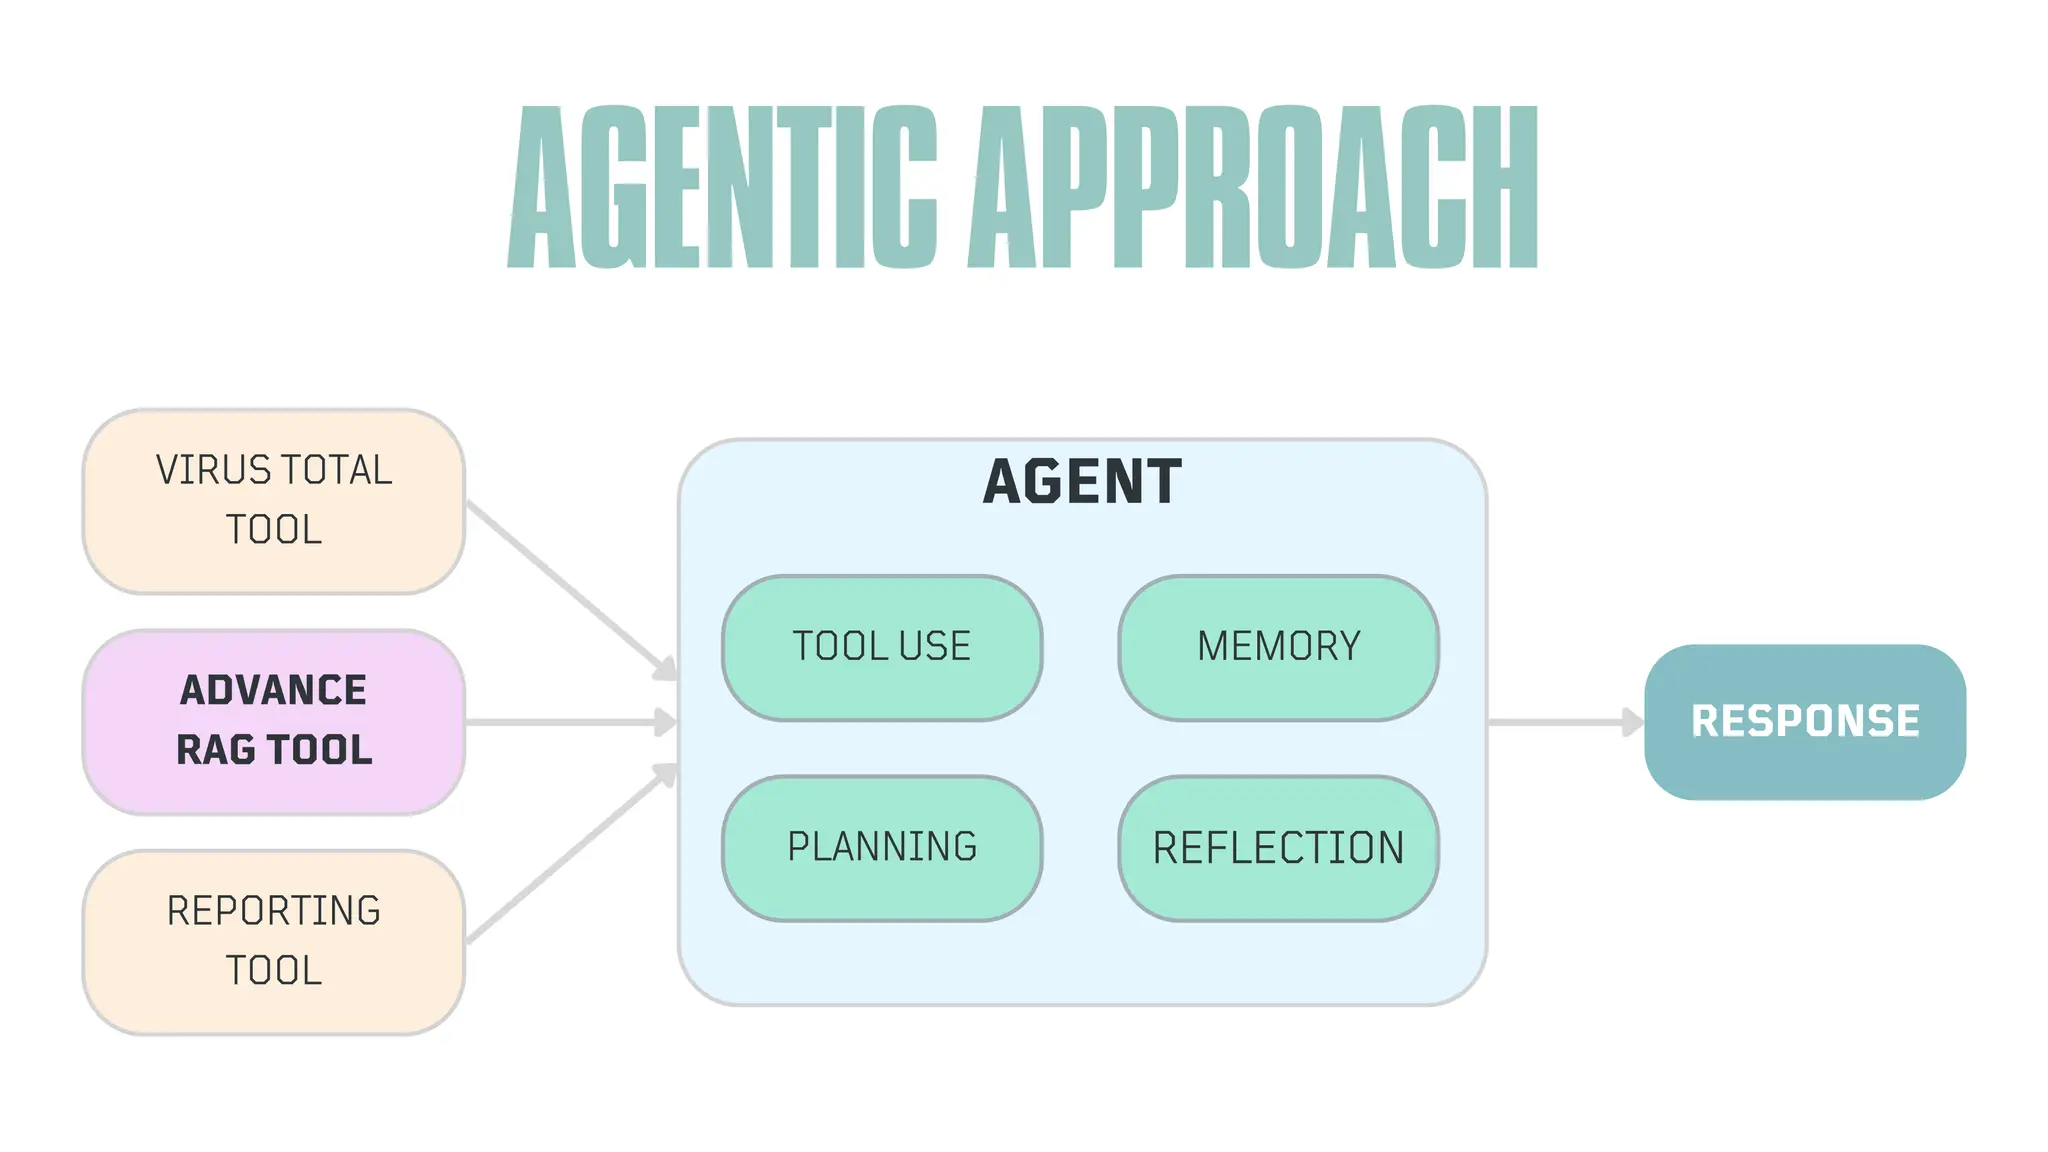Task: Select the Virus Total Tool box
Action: [x=273, y=500]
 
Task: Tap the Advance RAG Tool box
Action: [x=273, y=721]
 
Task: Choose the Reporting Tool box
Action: [x=273, y=941]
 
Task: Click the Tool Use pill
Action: [x=881, y=647]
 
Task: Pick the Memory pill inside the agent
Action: [x=1278, y=647]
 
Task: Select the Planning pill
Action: [x=881, y=847]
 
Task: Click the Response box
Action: [x=1804, y=721]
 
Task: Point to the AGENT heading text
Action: [x=1082, y=482]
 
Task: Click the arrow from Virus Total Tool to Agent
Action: [x=570, y=588]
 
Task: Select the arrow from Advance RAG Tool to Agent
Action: [x=570, y=721]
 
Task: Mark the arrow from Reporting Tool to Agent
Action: [x=570, y=856]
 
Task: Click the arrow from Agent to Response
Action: [x=1565, y=721]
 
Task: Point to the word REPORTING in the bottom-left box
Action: [x=273, y=911]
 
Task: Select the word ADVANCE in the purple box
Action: [x=273, y=690]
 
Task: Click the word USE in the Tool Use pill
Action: [x=934, y=647]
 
